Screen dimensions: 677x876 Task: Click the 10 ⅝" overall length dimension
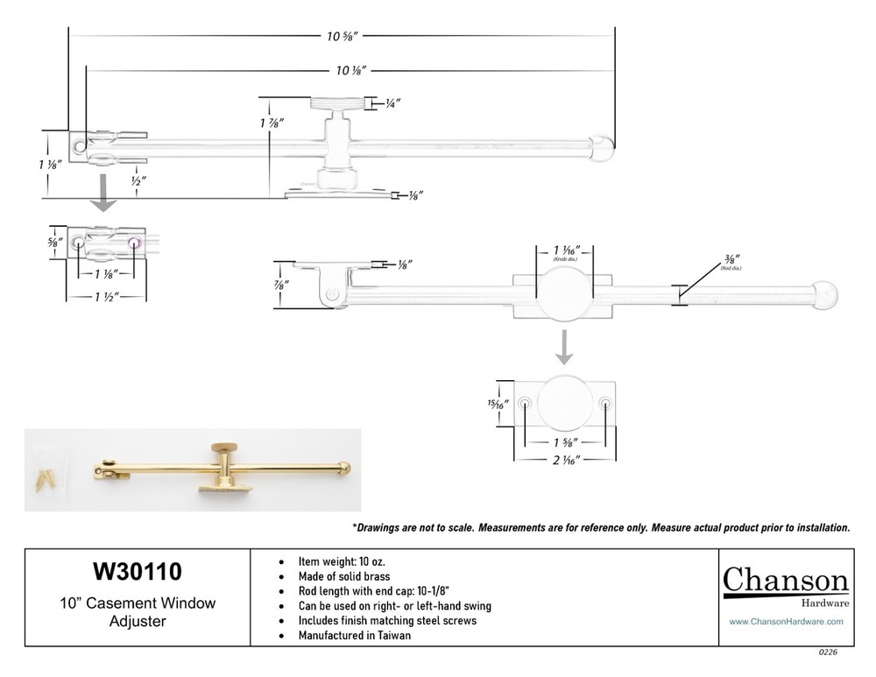coord(342,37)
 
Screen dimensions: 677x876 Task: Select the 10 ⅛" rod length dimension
coord(350,69)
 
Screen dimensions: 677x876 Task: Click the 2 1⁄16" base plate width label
coord(565,457)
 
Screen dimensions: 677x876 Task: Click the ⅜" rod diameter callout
coord(731,260)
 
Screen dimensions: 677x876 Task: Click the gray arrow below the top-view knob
coord(565,347)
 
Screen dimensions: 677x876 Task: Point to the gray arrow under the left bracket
coord(105,192)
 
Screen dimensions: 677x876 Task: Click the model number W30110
coord(138,572)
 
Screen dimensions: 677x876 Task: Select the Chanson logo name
coord(785,581)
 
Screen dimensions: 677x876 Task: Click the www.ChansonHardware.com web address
coord(786,621)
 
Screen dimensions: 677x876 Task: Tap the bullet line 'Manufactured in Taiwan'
coord(356,636)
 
